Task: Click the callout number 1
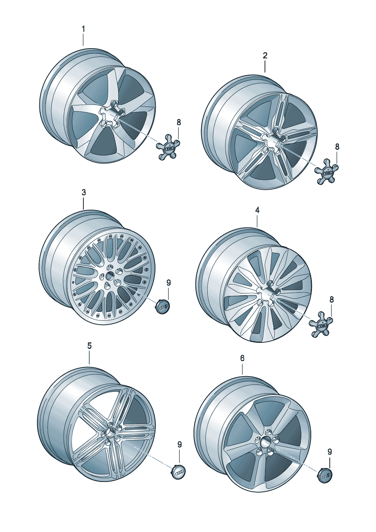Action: pos(83,29)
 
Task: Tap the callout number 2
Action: pos(265,56)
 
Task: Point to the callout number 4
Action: pos(257,210)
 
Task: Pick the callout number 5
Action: pos(89,346)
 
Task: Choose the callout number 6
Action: pos(242,358)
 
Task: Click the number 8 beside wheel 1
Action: pos(179,122)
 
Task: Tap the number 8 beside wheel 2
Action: pos(337,147)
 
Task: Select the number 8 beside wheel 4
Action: pos(332,300)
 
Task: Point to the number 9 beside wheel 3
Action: pos(169,283)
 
